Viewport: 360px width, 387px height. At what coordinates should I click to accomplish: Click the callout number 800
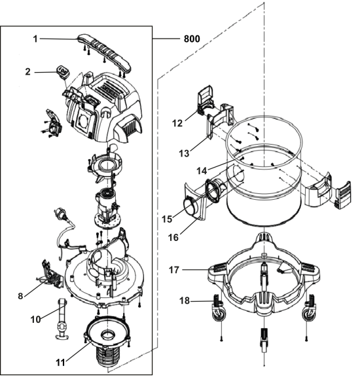pyautogui.click(x=192, y=39)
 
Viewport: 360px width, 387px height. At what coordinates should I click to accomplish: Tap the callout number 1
pyautogui.click(x=35, y=39)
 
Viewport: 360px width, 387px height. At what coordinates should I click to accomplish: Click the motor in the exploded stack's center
pyautogui.click(x=108, y=203)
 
